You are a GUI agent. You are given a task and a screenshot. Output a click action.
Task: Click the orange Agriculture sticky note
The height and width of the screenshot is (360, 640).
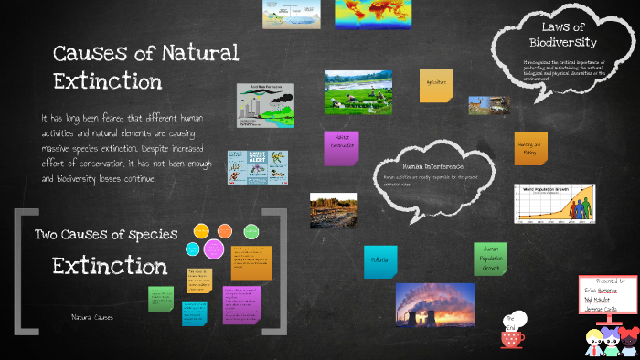435,85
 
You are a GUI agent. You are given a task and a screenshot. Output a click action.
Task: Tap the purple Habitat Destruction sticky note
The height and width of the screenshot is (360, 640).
340,147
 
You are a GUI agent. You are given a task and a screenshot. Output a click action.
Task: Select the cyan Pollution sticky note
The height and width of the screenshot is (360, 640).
380,261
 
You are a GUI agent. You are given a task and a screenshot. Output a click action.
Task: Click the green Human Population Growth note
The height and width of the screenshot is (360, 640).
490,259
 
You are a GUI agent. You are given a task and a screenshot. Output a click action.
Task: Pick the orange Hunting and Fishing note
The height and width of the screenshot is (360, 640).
528,147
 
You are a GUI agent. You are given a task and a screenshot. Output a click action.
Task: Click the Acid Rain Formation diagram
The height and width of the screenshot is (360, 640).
266,104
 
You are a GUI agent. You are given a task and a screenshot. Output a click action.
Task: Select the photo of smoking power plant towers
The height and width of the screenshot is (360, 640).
434,304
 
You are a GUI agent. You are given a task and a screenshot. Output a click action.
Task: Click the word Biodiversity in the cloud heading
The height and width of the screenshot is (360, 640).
563,43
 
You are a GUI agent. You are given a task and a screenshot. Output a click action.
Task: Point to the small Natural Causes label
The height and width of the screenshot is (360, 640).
92,317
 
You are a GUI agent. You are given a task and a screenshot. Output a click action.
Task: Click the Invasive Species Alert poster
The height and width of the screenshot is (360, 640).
244,167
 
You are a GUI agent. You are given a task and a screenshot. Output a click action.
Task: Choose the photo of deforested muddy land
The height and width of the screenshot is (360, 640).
333,210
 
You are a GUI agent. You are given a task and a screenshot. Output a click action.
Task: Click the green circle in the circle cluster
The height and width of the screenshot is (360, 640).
251,230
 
